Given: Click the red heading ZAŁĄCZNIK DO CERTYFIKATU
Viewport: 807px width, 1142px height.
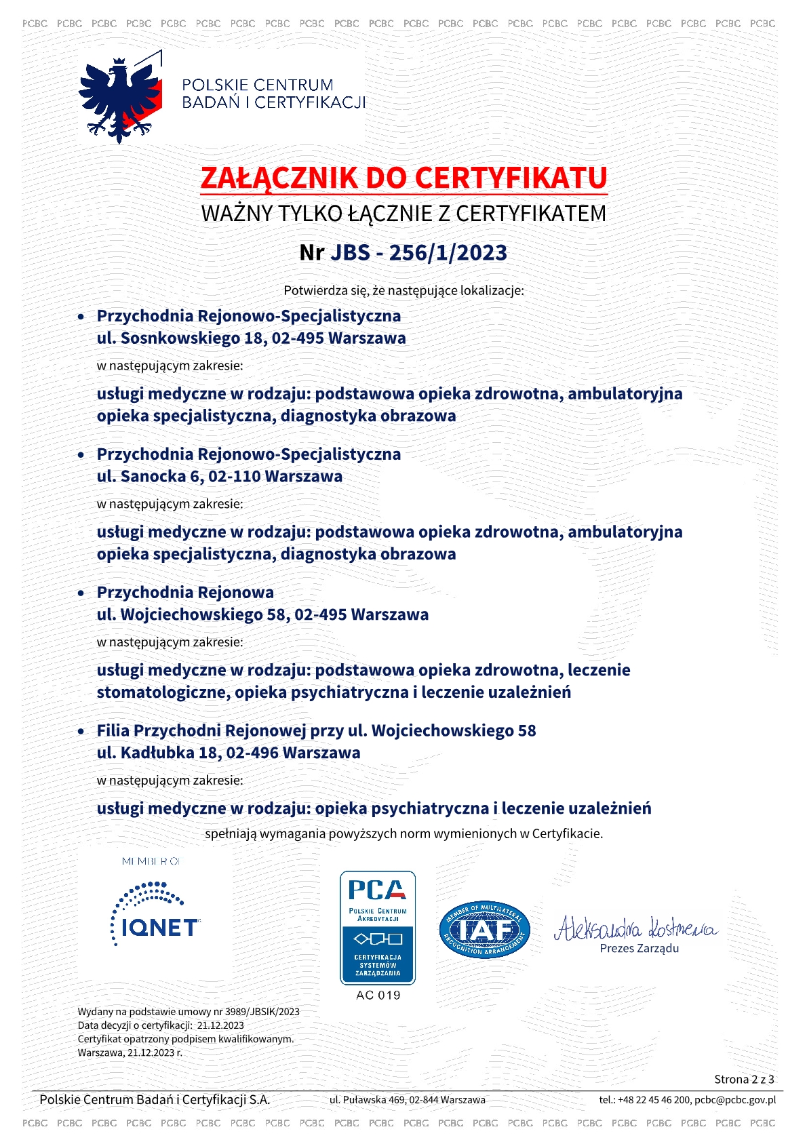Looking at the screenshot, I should pos(403,178).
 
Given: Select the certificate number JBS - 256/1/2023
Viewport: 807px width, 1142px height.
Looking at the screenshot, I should pos(418,253).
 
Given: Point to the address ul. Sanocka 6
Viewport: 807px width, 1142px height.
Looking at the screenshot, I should pos(150,476).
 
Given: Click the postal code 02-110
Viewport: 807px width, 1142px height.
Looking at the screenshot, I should pos(234,476).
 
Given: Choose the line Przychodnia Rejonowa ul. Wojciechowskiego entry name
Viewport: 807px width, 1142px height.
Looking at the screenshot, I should pos(185,592).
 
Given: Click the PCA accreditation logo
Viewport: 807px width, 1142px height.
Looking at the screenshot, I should pos(378,927).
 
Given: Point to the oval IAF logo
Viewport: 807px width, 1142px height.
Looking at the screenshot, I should pos(484,930).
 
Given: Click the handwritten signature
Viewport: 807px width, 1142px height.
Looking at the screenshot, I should pos(635,927).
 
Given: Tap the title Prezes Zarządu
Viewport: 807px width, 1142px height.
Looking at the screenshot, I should pos(639,948).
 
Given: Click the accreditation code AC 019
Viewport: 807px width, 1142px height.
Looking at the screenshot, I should pos(378,995).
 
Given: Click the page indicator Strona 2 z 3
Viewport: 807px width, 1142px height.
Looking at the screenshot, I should pos(744,1079).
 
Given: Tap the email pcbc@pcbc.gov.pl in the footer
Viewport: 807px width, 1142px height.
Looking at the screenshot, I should pos(735,1100).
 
